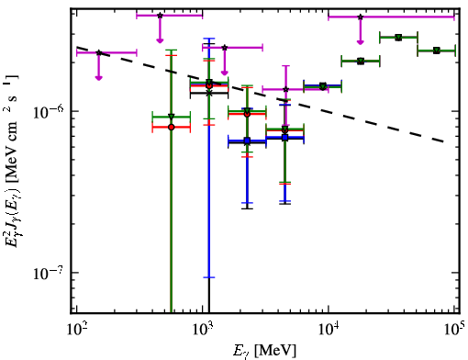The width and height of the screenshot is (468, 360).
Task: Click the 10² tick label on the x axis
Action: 75,330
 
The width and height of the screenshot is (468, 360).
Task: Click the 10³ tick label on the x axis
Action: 202,330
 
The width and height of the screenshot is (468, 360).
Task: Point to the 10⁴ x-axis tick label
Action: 328,330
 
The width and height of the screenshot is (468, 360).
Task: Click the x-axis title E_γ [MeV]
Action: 264,351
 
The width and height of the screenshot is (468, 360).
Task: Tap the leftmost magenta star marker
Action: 99,52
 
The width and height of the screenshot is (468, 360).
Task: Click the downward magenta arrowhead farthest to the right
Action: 361,42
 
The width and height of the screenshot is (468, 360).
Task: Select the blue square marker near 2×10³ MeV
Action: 247,141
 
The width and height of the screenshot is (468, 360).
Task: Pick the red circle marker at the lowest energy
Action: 172,127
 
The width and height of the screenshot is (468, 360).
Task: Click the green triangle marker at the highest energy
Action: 437,51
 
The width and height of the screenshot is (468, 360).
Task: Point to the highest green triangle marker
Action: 398,38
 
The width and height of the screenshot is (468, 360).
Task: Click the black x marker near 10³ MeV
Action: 209,93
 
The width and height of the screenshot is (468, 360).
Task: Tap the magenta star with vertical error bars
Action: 285,89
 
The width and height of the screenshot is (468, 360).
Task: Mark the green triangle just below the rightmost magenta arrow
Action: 361,62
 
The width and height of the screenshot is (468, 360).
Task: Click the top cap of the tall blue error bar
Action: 209,39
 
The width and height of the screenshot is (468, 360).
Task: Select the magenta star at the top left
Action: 160,16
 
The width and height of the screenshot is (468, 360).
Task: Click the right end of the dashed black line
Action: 443,141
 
